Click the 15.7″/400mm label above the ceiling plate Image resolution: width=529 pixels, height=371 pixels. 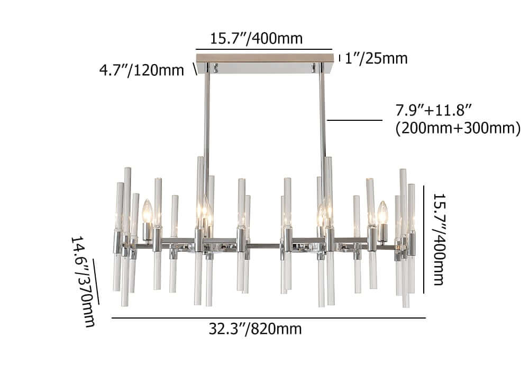[257, 39]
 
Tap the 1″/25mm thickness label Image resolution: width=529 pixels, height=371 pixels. [376, 58]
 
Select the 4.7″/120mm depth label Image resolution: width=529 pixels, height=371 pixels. [141, 70]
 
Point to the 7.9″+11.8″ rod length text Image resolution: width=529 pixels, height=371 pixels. [434, 111]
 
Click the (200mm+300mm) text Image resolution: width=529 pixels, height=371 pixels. [458, 128]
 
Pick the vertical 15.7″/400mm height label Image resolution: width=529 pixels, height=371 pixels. [439, 238]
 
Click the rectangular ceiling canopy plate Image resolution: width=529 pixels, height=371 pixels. [264, 56]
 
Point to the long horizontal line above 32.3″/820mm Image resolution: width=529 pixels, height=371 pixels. [268, 318]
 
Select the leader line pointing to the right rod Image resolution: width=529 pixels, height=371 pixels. [354, 120]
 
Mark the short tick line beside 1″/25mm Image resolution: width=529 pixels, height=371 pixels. [340, 58]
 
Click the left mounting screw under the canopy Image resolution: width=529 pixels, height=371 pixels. [215, 67]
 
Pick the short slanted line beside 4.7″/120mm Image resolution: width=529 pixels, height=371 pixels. [195, 69]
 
